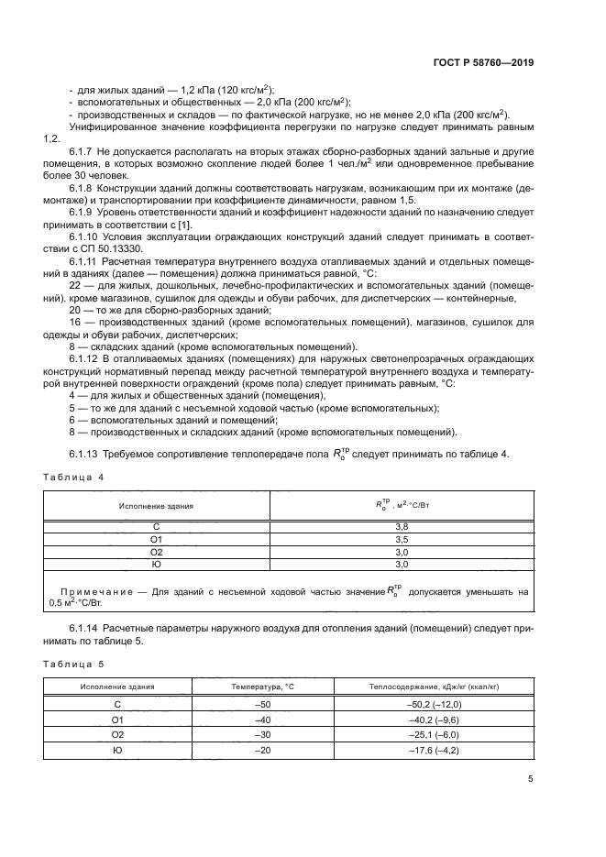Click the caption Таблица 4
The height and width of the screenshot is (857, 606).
click(74, 478)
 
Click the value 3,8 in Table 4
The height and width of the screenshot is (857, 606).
click(401, 527)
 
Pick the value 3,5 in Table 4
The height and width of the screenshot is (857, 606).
click(401, 540)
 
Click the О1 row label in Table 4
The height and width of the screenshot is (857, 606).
click(156, 540)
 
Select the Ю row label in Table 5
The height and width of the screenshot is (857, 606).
click(117, 751)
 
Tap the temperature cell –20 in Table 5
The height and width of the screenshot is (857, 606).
click(262, 751)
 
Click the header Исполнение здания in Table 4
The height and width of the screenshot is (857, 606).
click(156, 504)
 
